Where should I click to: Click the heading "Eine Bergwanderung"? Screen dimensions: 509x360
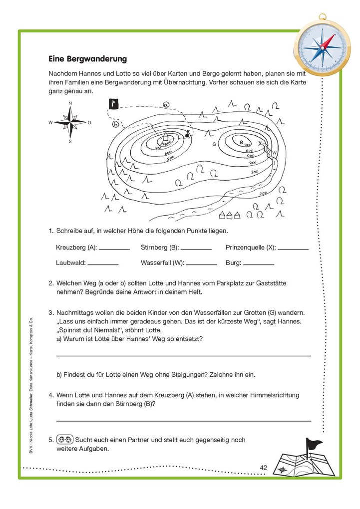87,59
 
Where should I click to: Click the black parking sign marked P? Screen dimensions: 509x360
113,104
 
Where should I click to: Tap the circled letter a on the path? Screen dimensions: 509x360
166,105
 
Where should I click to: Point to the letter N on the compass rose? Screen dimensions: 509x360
70,103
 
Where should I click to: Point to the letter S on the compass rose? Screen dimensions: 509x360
70,141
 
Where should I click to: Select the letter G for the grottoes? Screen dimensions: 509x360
214,144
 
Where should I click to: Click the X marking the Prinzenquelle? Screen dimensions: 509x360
260,143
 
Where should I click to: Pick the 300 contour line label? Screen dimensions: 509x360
255,172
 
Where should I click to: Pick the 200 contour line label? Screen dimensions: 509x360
263,192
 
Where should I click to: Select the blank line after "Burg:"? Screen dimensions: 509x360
259,263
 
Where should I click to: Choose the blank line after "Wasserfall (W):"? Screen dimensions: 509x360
201,263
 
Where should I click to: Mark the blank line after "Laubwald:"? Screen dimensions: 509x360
103,263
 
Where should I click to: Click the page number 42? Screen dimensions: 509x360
264,468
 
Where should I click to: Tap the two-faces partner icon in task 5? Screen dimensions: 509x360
65,440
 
